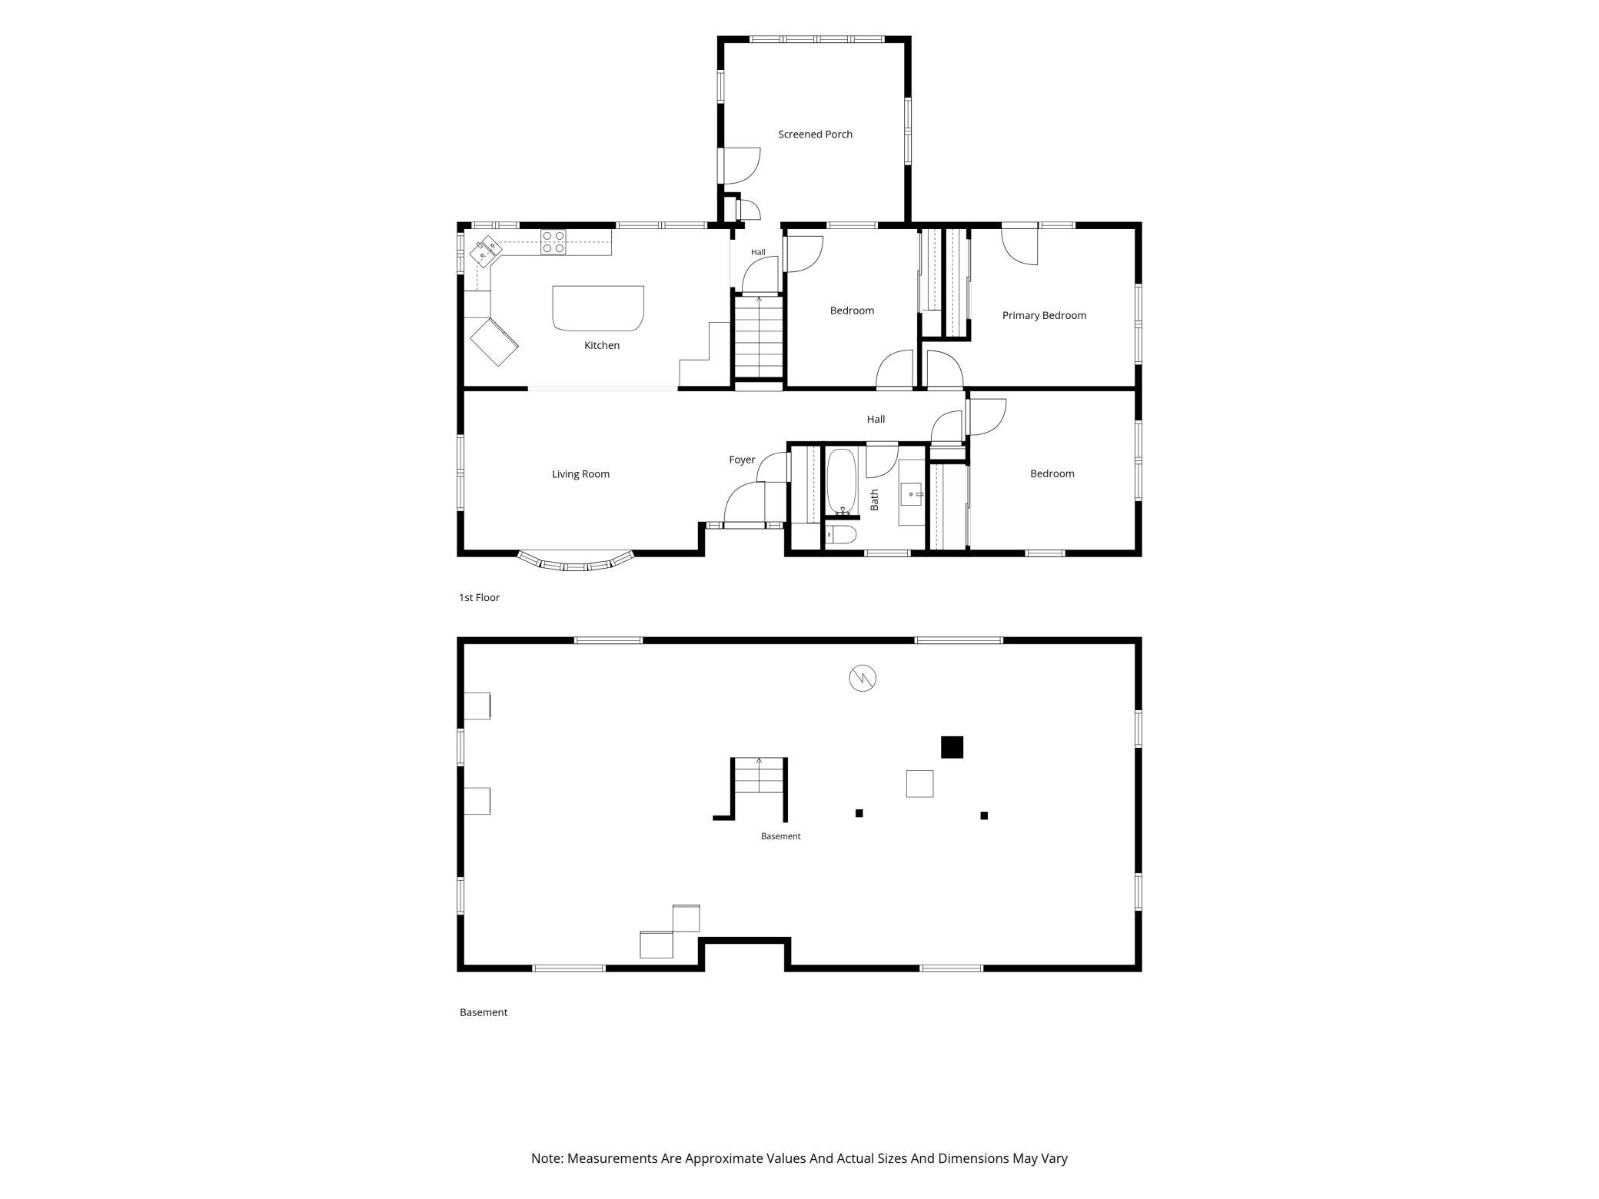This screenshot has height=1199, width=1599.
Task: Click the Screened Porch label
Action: click(815, 135)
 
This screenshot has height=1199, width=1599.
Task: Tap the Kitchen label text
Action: click(602, 346)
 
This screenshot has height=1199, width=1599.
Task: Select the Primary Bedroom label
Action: click(1044, 315)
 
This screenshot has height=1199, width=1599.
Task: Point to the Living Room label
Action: click(580, 474)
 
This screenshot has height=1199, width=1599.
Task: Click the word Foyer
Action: click(742, 460)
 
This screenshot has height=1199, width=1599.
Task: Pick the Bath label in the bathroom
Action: click(874, 500)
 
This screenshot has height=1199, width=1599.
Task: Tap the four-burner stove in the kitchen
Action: click(553, 241)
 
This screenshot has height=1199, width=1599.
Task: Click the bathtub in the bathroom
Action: click(841, 481)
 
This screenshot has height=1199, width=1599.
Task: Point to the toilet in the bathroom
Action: click(840, 535)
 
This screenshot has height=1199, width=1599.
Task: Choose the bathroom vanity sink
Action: click(912, 493)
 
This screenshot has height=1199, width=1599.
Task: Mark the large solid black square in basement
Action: click(952, 747)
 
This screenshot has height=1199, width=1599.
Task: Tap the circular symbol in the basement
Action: click(863, 678)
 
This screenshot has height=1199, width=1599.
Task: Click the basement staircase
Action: click(759, 776)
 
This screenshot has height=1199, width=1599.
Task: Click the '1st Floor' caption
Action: click(479, 597)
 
